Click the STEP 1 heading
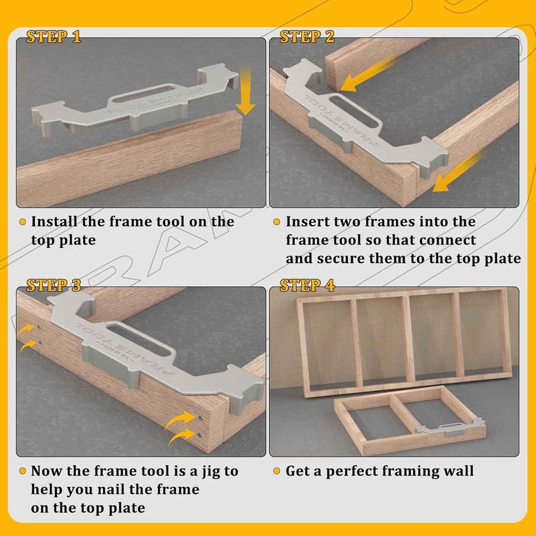[54, 37]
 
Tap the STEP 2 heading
[307, 37]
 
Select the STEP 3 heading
[54, 286]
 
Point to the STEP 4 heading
[308, 286]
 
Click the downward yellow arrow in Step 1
[245, 91]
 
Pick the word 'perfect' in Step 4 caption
[358, 471]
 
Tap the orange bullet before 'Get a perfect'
[277, 471]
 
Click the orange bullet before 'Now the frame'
[23, 471]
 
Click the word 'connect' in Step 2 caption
[448, 240]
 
